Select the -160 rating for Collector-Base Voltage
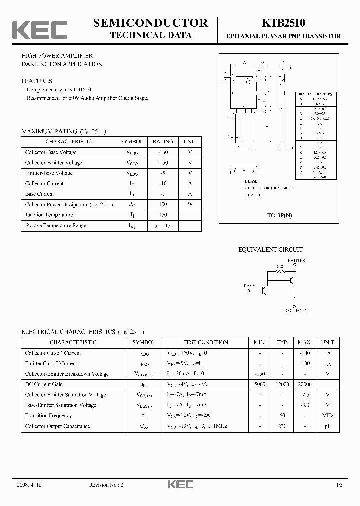[x=163, y=152]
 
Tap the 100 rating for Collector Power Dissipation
[x=163, y=204]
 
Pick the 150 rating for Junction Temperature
[x=163, y=215]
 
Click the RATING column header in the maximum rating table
[x=163, y=142]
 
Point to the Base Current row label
[x=39, y=194]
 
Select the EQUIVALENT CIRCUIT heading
[x=270, y=250]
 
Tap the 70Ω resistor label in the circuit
[x=280, y=267]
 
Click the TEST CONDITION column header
[x=206, y=342]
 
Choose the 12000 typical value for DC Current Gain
[x=282, y=384]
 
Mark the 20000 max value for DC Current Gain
[x=304, y=384]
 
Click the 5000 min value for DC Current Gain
[x=260, y=384]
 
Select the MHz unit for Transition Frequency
[x=328, y=416]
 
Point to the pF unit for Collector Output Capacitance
[x=328, y=426]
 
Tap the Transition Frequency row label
[x=48, y=416]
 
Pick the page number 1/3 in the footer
[x=339, y=485]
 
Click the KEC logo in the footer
[x=179, y=485]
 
